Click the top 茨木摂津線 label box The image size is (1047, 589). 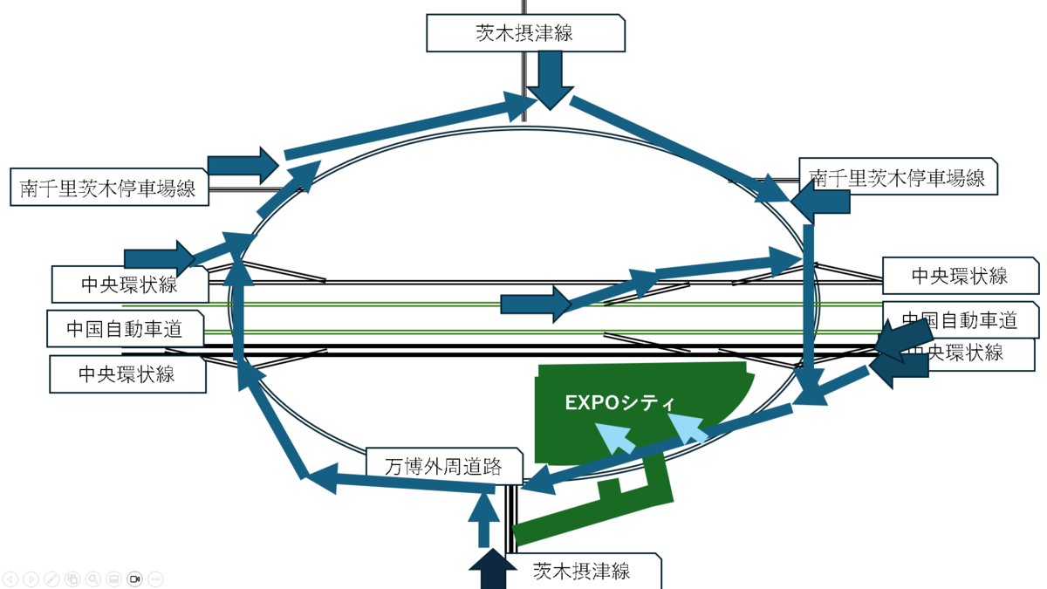(525, 33)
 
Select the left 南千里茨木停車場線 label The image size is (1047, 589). (109, 187)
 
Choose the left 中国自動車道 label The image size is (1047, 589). (125, 329)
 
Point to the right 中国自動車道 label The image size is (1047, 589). (960, 320)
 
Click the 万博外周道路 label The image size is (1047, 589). (443, 466)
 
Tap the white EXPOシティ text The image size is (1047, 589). (620, 402)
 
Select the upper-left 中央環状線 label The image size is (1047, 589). (129, 284)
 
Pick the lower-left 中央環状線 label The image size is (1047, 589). (127, 374)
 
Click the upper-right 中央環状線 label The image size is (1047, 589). (960, 276)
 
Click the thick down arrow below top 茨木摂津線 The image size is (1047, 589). (551, 80)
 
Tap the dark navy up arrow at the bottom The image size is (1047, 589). (493, 569)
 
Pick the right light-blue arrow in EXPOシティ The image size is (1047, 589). (688, 428)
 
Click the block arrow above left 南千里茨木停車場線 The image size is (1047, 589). (243, 166)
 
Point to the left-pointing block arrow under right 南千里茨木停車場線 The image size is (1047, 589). (820, 202)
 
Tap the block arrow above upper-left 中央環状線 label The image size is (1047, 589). (160, 258)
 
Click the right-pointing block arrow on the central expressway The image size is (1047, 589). (536, 305)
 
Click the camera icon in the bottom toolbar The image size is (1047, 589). (134, 579)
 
